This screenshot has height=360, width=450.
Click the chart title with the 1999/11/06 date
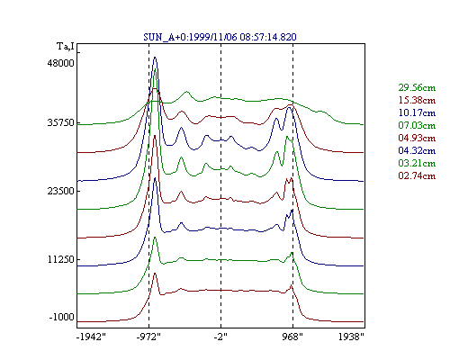click(220, 37)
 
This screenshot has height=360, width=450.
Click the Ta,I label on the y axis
click(66, 46)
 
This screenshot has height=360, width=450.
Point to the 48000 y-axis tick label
click(60, 63)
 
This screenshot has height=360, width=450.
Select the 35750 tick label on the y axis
click(60, 123)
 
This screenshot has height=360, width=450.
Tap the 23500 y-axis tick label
click(60, 191)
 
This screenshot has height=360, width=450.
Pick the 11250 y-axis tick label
click(60, 259)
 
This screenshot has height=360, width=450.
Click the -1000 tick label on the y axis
click(61, 317)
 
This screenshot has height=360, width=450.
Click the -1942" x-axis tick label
click(91, 337)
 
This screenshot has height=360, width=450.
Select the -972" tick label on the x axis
click(148, 337)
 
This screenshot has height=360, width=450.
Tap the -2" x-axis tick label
click(220, 337)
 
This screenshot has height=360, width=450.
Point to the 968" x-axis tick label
click(292, 337)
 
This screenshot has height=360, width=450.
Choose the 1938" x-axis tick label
click(351, 337)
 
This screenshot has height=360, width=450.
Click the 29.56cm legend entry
click(417, 87)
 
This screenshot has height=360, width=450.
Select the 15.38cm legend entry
click(417, 100)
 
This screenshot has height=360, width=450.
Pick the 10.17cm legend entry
click(417, 112)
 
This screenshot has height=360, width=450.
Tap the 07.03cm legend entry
click(417, 125)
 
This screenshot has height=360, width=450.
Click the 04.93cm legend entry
click(417, 138)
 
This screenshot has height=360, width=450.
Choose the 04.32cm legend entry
click(417, 150)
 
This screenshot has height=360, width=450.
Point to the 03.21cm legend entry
click(417, 163)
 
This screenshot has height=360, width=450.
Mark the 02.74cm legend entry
click(417, 175)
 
